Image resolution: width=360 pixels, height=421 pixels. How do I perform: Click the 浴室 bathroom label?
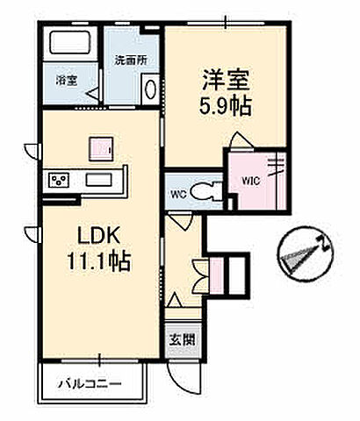point(67,80)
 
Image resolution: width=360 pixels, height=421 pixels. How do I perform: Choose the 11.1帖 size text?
point(98,261)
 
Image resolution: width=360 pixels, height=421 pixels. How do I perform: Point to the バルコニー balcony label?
point(90,383)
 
